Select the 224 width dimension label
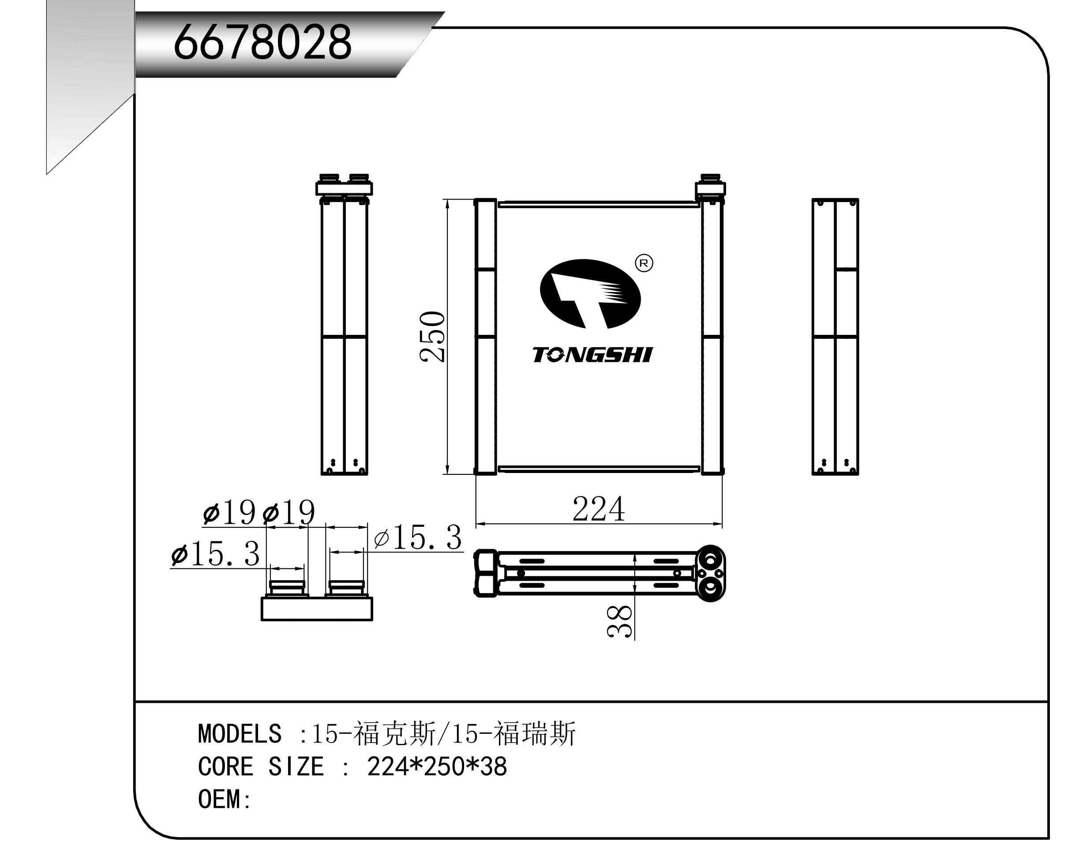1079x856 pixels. pyautogui.click(x=599, y=510)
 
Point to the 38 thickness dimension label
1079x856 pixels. pyautogui.click(x=620, y=621)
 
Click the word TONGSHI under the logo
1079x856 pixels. pyautogui.click(x=592, y=355)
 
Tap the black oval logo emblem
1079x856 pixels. pyautogui.click(x=590, y=294)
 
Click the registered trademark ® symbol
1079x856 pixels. pyautogui.click(x=644, y=263)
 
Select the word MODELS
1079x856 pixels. pyautogui.click(x=240, y=734)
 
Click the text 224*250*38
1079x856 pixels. pyautogui.click(x=437, y=767)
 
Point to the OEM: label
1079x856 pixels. pyautogui.click(x=224, y=800)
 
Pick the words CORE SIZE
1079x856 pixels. pyautogui.click(x=261, y=767)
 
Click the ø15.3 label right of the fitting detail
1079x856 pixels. pyautogui.click(x=418, y=539)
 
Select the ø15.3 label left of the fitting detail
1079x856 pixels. pyautogui.click(x=216, y=555)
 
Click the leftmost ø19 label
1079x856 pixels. pyautogui.click(x=229, y=513)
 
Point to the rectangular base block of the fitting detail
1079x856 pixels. pyautogui.click(x=317, y=609)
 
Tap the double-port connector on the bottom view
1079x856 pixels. pyautogui.click(x=711, y=573)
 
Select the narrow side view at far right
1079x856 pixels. pyautogui.click(x=835, y=336)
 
